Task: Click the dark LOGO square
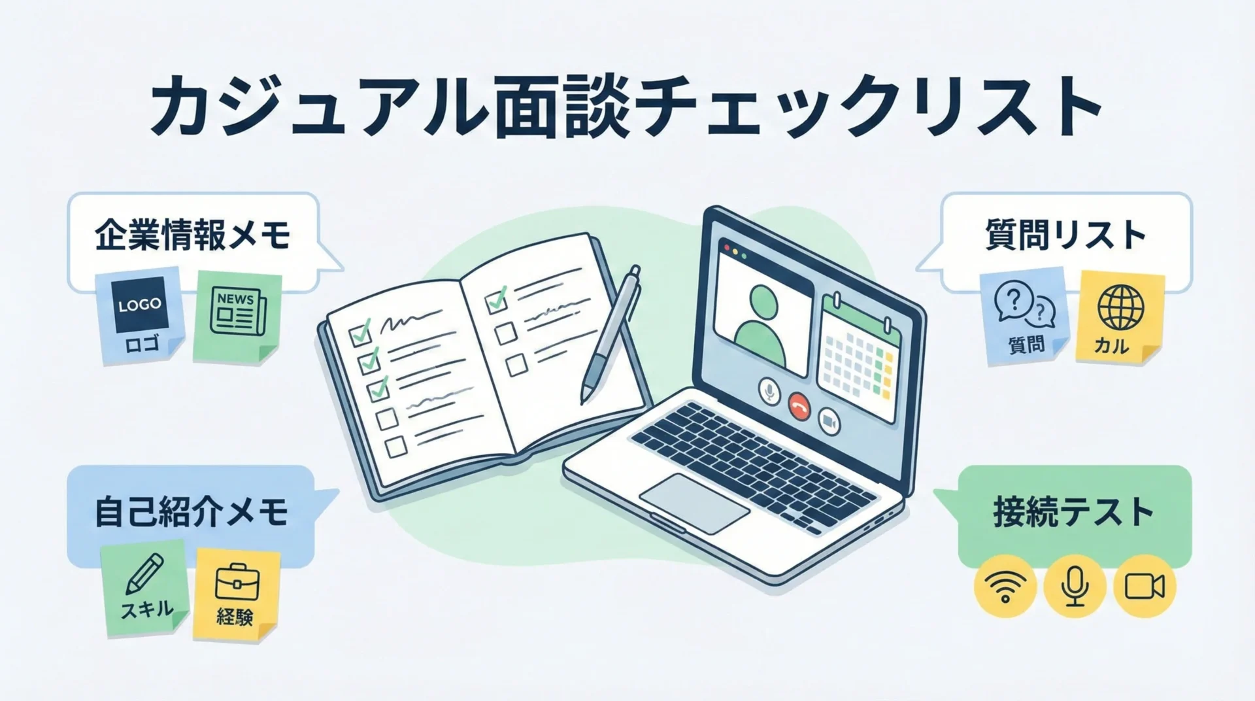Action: [141, 304]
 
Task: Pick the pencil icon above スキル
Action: [144, 575]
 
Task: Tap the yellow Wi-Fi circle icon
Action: [1005, 587]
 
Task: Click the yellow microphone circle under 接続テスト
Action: [1075, 587]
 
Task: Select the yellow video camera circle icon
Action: [1144, 587]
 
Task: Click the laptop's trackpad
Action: [694, 503]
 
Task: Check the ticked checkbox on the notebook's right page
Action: [497, 300]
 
